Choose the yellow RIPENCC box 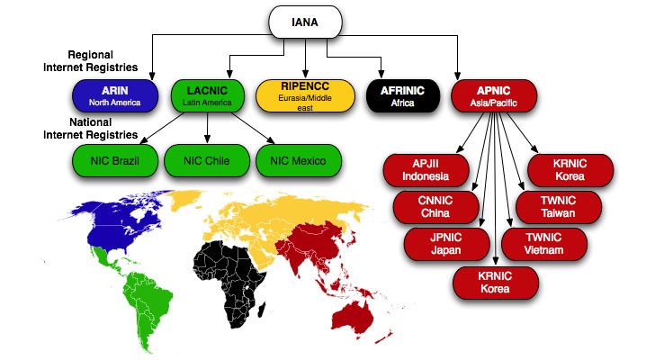(x=305, y=94)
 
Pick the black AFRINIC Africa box (x=402, y=94)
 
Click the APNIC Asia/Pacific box (x=494, y=94)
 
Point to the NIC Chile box (x=205, y=161)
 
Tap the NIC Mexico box (x=298, y=161)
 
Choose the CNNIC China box (x=437, y=207)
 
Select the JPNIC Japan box (x=447, y=244)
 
